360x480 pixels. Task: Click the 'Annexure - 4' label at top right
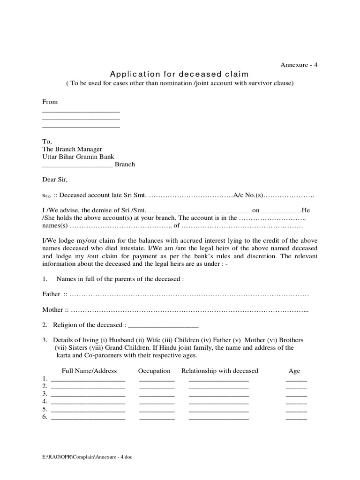pos(299,65)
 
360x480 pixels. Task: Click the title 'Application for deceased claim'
pos(180,74)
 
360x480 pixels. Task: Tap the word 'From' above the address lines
pos(50,102)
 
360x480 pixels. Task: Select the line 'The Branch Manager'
pos(72,149)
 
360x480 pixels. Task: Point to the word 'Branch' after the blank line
pos(125,165)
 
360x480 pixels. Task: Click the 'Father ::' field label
pos(55,294)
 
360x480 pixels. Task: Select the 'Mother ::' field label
pos(56,310)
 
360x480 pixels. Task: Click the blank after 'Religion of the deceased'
pos(163,325)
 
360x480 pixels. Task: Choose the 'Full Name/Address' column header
pos(89,371)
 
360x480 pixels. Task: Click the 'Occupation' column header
pos(154,371)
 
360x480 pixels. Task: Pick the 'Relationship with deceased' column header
pos(220,371)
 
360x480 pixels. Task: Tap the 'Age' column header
pos(294,371)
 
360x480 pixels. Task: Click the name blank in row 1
pos(88,379)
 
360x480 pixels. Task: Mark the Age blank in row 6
pos(296,417)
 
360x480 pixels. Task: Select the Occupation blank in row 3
pos(157,395)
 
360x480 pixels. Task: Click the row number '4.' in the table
pos(45,402)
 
